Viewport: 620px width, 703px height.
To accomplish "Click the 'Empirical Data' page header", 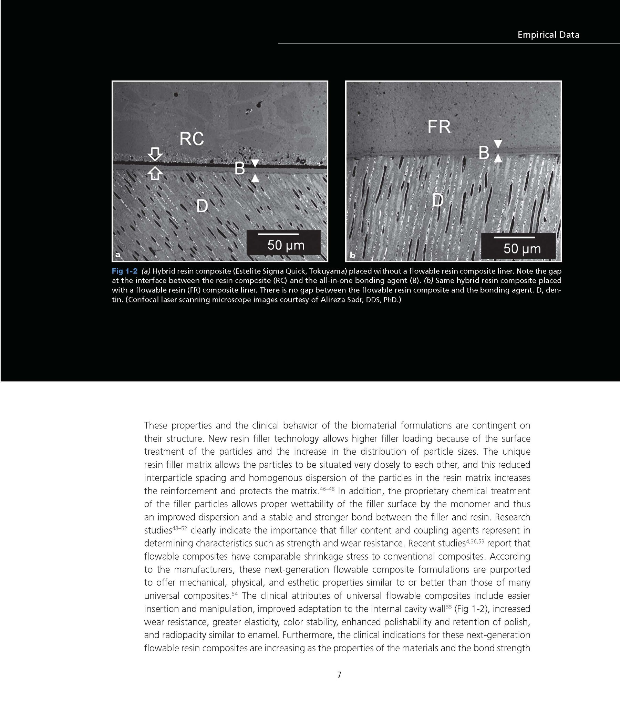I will pyautogui.click(x=548, y=35).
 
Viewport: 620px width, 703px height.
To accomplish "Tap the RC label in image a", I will pyautogui.click(x=192, y=139).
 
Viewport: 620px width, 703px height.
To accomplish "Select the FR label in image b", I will pyautogui.click(x=439, y=127).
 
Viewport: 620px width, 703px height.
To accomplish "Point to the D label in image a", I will pyautogui.click(x=202, y=206).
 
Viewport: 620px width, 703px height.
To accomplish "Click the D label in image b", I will pyautogui.click(x=437, y=200).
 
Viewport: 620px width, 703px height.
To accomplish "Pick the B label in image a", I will pyautogui.click(x=240, y=169).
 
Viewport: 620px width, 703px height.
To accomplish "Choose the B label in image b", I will pyautogui.click(x=484, y=153).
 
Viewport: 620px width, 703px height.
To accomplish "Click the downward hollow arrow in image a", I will pyautogui.click(x=155, y=154).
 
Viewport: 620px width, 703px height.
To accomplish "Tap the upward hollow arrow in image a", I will pyautogui.click(x=155, y=173).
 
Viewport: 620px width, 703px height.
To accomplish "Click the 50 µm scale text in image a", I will pyautogui.click(x=286, y=245).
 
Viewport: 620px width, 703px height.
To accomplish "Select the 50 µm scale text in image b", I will pyautogui.click(x=522, y=249).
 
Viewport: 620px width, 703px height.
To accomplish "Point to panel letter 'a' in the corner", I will pyautogui.click(x=118, y=255).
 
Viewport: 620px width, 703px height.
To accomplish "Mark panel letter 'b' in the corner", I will pyautogui.click(x=352, y=255).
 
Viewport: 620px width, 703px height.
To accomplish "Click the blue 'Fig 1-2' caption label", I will pyautogui.click(x=124, y=271).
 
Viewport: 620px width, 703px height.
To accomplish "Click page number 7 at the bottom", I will pyautogui.click(x=339, y=675).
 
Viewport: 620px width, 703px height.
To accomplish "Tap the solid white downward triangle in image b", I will pyautogui.click(x=498, y=144).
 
